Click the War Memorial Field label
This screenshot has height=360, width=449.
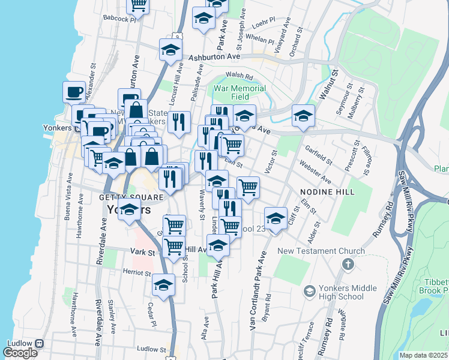[240, 92]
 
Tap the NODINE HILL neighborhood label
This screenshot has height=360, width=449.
[327, 191]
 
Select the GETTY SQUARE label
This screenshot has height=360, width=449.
[123, 197]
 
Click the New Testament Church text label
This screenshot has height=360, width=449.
[321, 251]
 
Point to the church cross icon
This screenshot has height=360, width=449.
[348, 265]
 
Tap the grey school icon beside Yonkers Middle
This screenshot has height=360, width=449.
[309, 292]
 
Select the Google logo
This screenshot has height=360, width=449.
[20, 353]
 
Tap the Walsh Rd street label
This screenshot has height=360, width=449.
[239, 76]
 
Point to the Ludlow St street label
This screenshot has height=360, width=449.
[151, 349]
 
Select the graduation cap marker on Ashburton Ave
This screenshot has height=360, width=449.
[170, 50]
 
